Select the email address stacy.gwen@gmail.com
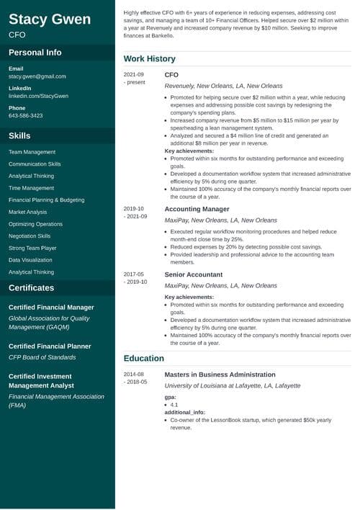pyautogui.click(x=37, y=76)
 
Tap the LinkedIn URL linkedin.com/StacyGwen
pyautogui.click(x=39, y=96)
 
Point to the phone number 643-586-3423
pyautogui.click(x=26, y=115)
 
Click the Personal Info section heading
pyautogui.click(x=35, y=53)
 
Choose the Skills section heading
pyautogui.click(x=19, y=135)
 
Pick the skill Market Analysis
pyautogui.click(x=28, y=212)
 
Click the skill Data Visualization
pyautogui.click(x=30, y=260)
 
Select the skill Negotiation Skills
pyautogui.click(x=30, y=236)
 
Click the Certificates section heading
pyautogui.click(x=31, y=287)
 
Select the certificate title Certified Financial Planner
pyautogui.click(x=50, y=346)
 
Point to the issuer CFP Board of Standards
pyautogui.click(x=42, y=357)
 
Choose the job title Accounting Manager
pyautogui.click(x=197, y=209)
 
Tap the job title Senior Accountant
pyautogui.click(x=194, y=274)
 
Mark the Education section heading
pyautogui.click(x=144, y=358)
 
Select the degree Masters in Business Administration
pyautogui.click(x=220, y=375)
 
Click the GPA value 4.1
pyautogui.click(x=174, y=405)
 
